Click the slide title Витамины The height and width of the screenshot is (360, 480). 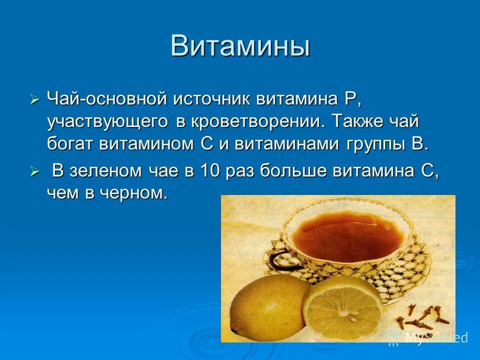(x=240, y=46)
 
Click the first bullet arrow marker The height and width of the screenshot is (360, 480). (x=34, y=99)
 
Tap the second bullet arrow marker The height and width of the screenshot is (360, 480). (x=34, y=172)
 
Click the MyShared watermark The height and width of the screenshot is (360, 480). (x=435, y=337)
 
